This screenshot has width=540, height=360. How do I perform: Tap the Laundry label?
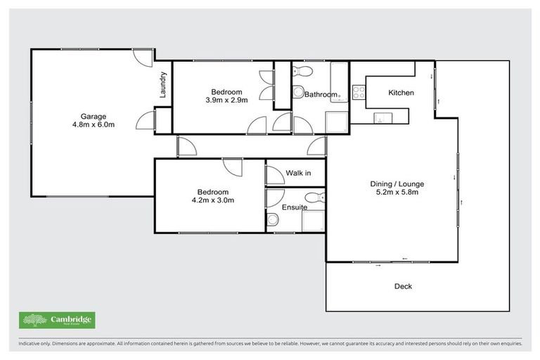click(162, 84)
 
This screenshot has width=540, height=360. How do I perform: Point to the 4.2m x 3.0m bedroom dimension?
click(212, 200)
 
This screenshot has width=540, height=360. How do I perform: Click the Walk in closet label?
click(297, 173)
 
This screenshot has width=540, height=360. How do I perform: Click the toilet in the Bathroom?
click(301, 71)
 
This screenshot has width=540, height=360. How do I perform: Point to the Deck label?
click(403, 286)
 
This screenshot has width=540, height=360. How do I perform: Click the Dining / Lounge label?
click(397, 184)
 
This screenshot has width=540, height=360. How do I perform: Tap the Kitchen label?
click(401, 93)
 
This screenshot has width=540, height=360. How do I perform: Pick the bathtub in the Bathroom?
click(338, 79)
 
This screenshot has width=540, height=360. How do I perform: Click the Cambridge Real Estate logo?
click(57, 320)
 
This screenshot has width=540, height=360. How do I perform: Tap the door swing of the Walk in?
click(274, 173)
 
